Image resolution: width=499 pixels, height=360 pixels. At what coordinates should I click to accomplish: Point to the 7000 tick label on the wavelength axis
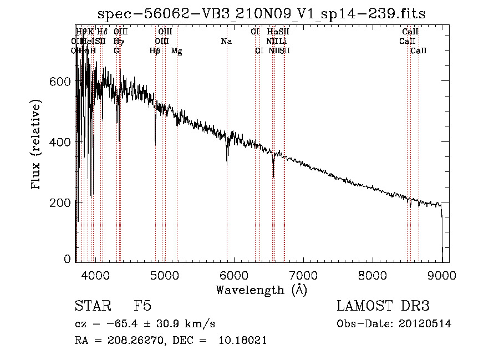[x=303, y=275]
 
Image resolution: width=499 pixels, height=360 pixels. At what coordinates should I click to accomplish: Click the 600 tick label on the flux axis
[x=61, y=82]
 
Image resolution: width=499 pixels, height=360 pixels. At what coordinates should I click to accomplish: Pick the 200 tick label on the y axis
[x=61, y=202]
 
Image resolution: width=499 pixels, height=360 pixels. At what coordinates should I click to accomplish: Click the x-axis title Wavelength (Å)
[x=261, y=289]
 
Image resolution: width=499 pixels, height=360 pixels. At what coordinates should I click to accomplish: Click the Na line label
[x=226, y=41]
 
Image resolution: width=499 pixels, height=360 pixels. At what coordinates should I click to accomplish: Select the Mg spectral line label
[x=176, y=51]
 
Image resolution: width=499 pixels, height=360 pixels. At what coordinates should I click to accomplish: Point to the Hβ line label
[x=155, y=51]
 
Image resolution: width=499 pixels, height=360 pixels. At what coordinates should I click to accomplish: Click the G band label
[x=116, y=51]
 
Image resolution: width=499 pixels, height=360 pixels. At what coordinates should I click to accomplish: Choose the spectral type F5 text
[x=142, y=307]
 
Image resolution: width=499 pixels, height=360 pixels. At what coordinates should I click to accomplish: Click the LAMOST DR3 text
[x=383, y=307]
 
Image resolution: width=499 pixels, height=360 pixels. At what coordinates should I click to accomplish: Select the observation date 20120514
[x=424, y=324]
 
